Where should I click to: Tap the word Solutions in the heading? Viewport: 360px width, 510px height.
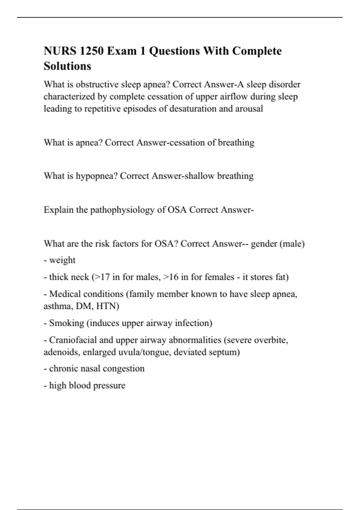pyautogui.click(x=67, y=66)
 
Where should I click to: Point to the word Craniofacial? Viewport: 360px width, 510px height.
pyautogui.click(x=73, y=340)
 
